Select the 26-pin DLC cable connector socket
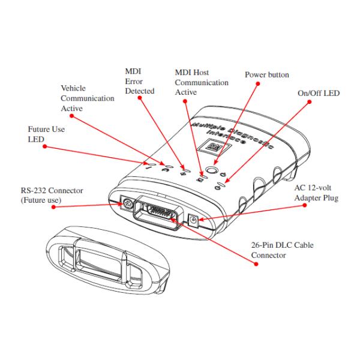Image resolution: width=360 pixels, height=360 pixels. tap(159, 213)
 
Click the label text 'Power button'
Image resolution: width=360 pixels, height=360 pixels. tap(267, 75)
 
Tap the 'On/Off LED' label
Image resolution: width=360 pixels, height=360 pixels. tap(318, 94)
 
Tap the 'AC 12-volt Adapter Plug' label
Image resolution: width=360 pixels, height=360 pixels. tap(314, 191)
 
